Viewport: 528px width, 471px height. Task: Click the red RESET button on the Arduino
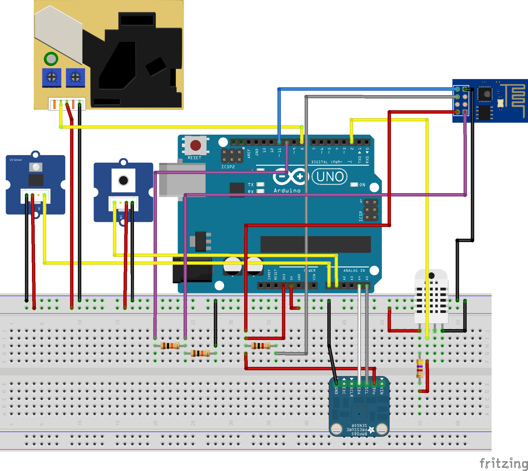(195, 145)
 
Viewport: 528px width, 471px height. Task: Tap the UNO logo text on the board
(330, 177)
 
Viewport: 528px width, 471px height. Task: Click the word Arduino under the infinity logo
(287, 191)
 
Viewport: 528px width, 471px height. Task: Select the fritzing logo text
(504, 463)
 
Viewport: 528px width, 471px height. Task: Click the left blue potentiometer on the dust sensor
(52, 77)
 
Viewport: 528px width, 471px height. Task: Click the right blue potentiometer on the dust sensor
(75, 77)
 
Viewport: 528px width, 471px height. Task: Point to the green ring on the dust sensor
(51, 59)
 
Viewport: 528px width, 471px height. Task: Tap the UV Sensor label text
(16, 160)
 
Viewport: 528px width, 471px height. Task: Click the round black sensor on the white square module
(123, 180)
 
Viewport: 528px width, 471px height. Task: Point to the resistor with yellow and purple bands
(420, 368)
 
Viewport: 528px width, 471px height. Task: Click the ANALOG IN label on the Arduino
(354, 271)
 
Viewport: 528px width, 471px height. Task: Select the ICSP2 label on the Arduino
(228, 167)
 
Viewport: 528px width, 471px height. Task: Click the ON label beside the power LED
(362, 185)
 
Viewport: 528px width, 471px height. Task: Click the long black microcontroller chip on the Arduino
(315, 244)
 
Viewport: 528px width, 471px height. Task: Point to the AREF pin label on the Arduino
(249, 153)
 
